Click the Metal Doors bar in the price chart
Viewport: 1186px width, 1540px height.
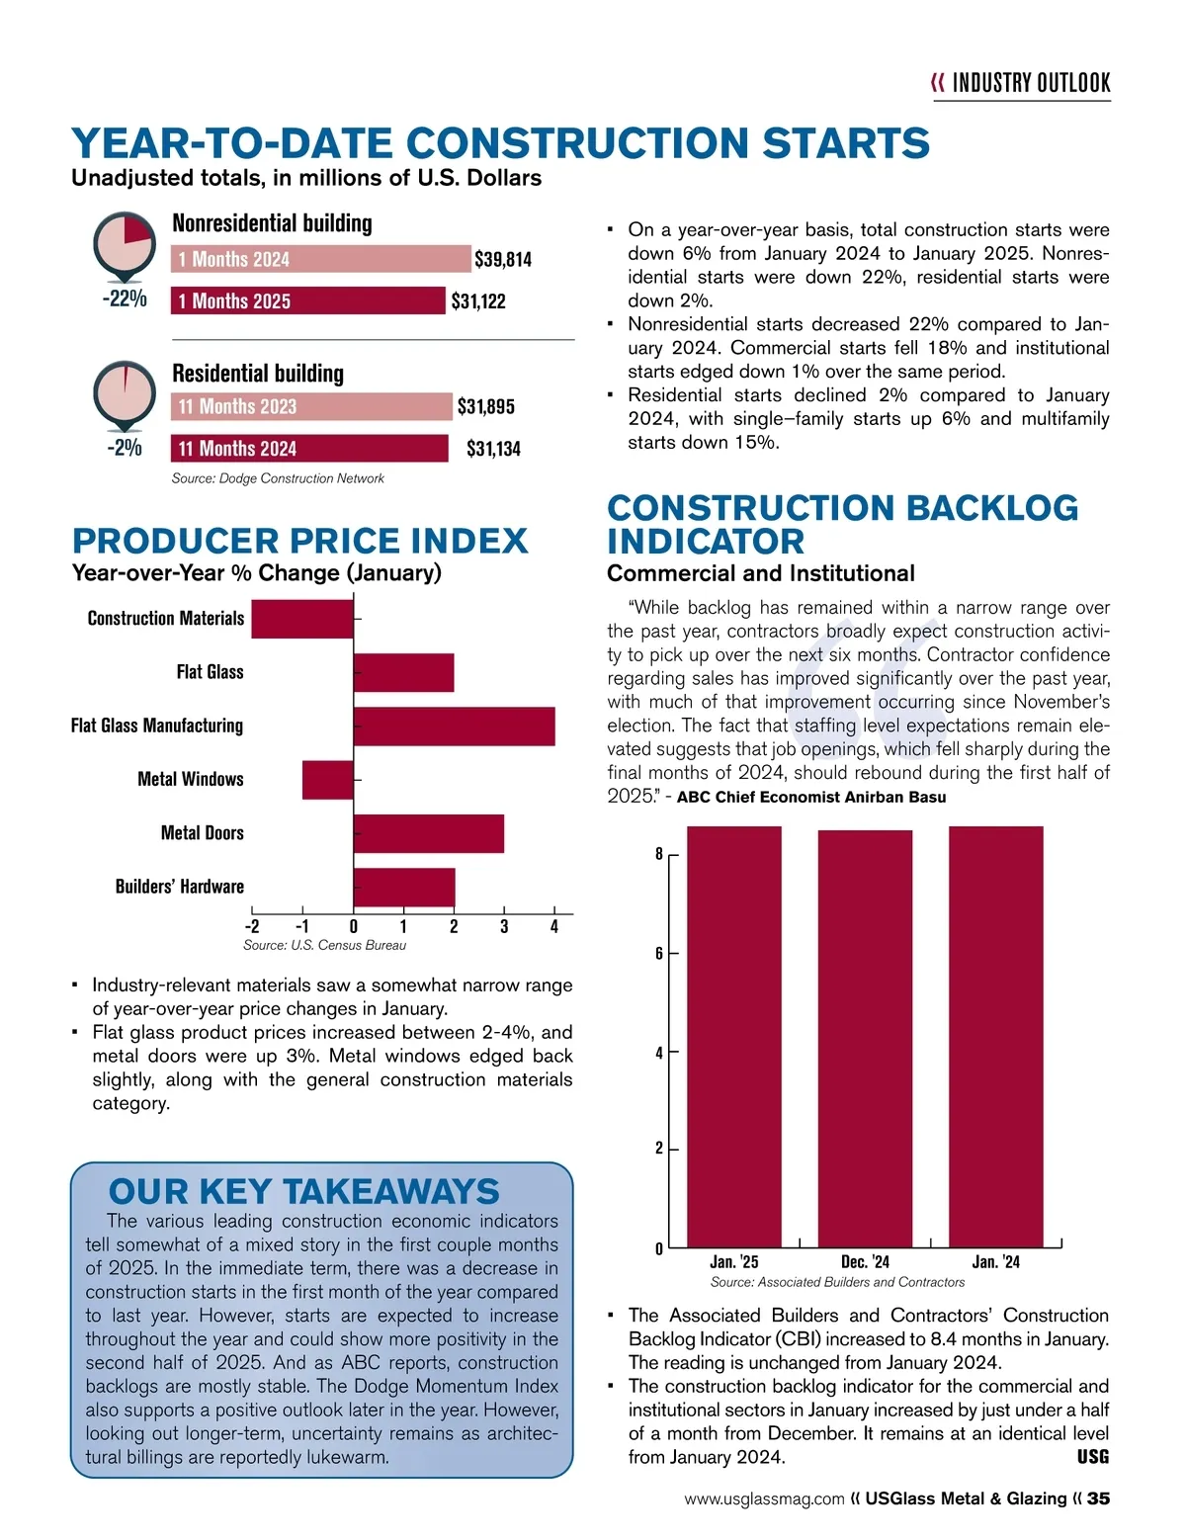click(x=428, y=833)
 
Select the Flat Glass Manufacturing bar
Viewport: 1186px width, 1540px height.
click(x=454, y=727)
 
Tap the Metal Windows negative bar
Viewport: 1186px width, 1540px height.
click(x=327, y=780)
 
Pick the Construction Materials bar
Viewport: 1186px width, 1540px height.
click(x=301, y=619)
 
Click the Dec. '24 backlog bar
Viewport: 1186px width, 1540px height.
click(x=865, y=1038)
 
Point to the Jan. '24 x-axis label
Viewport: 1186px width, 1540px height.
click(x=995, y=1262)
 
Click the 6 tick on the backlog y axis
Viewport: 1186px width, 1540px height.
click(x=659, y=954)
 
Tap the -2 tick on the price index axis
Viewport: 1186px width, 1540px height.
click(x=252, y=927)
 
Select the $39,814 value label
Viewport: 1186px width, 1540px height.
click(x=503, y=260)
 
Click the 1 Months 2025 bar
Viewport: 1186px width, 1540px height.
click(x=308, y=301)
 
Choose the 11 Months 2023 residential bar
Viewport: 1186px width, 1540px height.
click(x=311, y=407)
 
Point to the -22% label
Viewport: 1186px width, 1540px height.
click(x=125, y=299)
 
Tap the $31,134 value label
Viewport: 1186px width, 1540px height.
click(x=493, y=450)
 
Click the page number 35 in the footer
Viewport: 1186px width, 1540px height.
click(x=1098, y=1498)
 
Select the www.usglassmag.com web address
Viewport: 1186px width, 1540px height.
click(x=764, y=1499)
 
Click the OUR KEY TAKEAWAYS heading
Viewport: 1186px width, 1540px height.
click(x=304, y=1192)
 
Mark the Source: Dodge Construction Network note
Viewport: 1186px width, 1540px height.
click(x=278, y=478)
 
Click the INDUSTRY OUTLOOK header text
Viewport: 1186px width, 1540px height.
click(x=1031, y=83)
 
